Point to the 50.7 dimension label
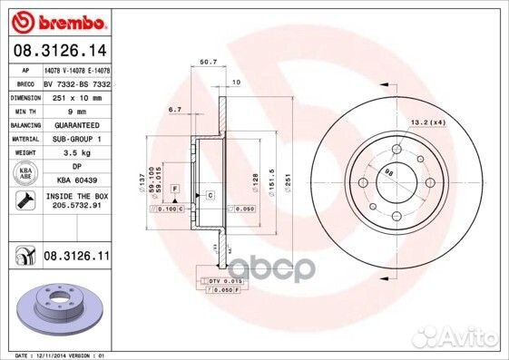(x=206, y=62)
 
